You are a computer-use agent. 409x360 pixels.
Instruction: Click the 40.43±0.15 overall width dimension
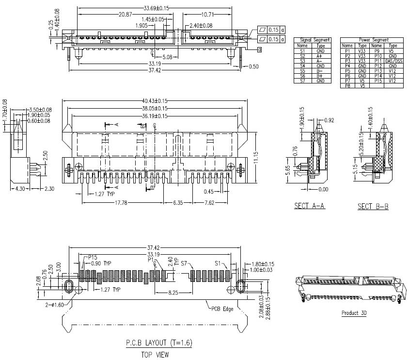point(156,101)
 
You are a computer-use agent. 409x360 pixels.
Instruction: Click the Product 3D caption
point(354,313)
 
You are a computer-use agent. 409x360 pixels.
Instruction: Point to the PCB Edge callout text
point(221,309)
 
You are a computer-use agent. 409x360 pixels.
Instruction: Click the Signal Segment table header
point(315,40)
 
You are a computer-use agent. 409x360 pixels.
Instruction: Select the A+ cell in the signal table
point(320,56)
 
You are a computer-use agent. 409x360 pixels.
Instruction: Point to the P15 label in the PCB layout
point(93,258)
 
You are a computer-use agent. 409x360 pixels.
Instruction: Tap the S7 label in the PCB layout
point(184,264)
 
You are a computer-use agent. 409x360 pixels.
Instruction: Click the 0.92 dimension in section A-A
point(329,120)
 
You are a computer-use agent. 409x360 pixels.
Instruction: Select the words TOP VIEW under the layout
point(155,355)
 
